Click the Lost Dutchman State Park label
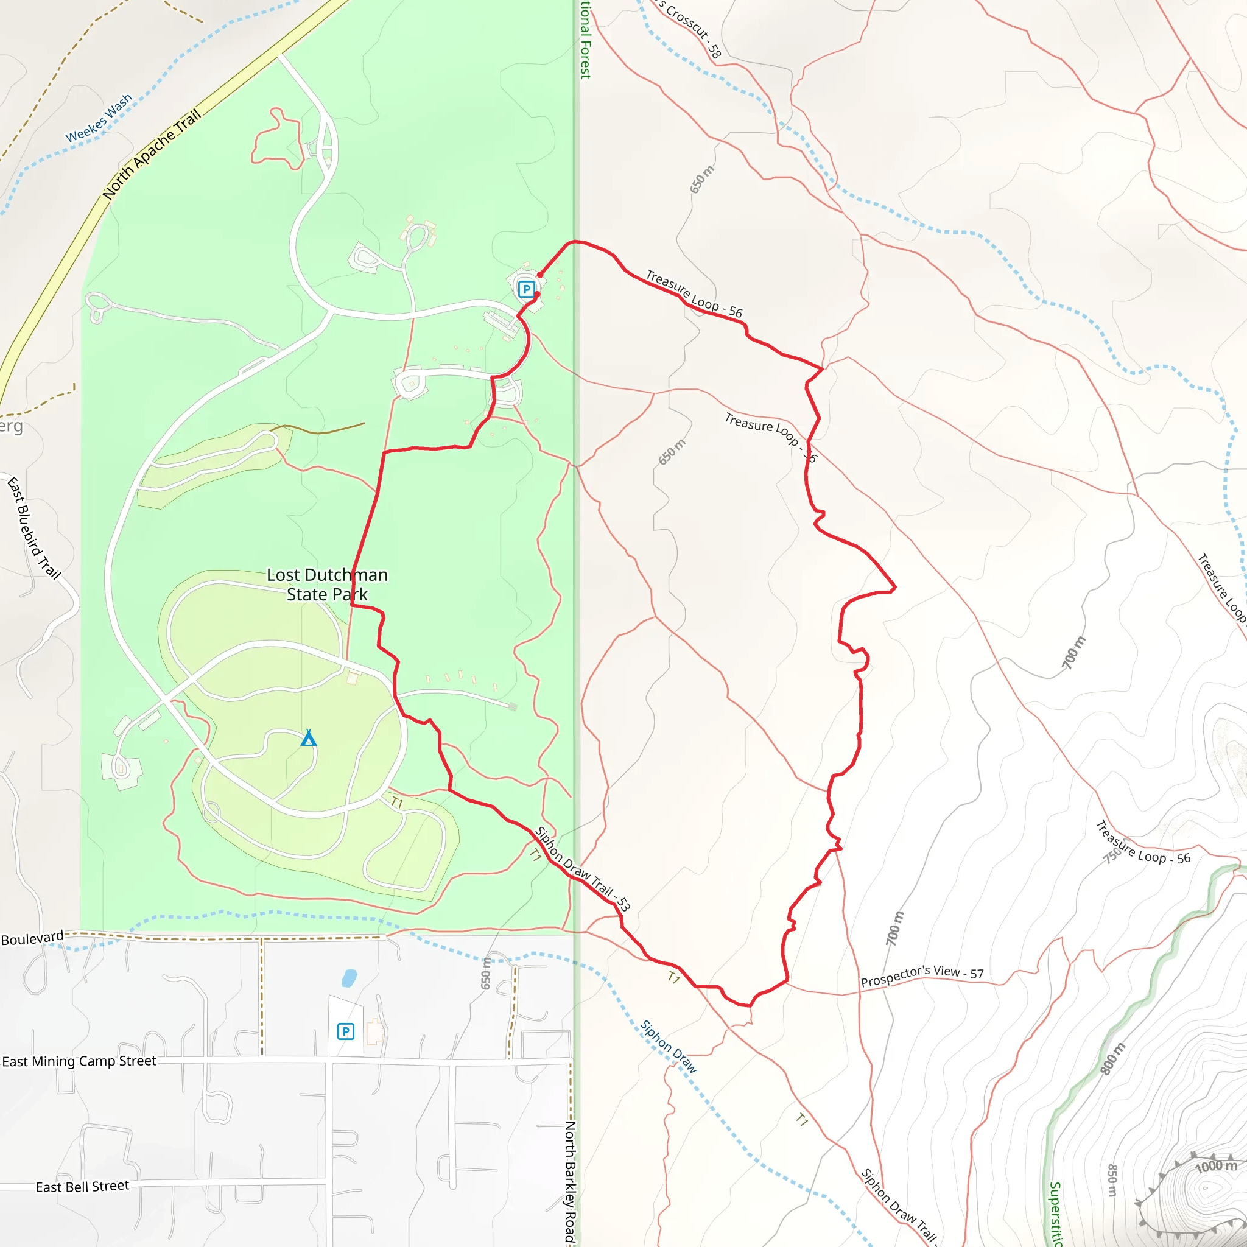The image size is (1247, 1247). point(327,584)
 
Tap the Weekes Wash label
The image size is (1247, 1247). point(99,118)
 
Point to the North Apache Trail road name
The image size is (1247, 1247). point(152,154)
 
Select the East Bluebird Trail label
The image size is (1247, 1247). point(33,528)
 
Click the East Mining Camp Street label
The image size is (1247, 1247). point(79,1061)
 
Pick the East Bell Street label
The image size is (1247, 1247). point(82,1186)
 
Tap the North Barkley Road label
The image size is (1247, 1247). point(570,1182)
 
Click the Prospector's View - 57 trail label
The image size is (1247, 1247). point(922,976)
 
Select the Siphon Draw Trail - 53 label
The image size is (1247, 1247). point(583,869)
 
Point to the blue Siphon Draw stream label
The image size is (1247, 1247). point(668,1046)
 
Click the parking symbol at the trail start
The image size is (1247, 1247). point(526,289)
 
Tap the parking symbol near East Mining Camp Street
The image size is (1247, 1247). point(345,1031)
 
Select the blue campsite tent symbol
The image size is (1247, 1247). point(309,738)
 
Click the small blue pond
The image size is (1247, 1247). point(348,978)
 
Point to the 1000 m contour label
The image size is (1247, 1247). point(1216,1166)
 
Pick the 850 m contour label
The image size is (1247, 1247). point(1111,1181)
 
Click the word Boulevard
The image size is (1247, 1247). point(32,938)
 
